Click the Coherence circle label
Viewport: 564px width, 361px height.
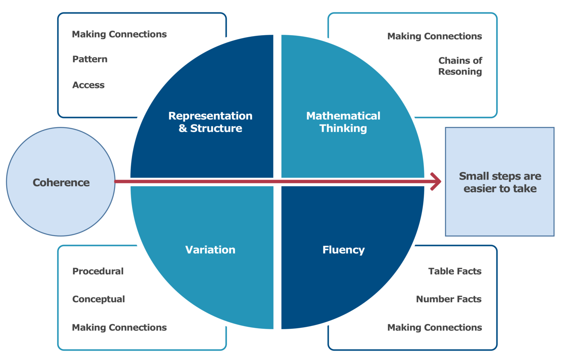[x=61, y=183]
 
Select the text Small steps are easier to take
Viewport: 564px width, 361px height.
[x=500, y=182]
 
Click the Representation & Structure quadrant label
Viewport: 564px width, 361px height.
[x=210, y=122]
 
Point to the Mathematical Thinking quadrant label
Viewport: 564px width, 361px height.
[x=343, y=122]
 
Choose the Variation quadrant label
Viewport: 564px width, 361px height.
[x=210, y=250]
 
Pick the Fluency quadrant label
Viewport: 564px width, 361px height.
[x=343, y=250]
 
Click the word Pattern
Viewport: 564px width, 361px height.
[x=90, y=59]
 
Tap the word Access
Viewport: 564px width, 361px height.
[x=88, y=85]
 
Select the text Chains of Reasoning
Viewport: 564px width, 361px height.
[x=460, y=66]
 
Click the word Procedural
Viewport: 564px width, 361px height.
[x=98, y=271]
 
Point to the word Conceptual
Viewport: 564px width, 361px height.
[x=99, y=299]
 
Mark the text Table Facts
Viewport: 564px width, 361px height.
[x=455, y=271]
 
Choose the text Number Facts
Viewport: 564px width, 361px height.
[x=448, y=299]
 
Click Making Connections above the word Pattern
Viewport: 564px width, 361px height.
[x=119, y=34]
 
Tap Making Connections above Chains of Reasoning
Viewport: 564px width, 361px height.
[x=434, y=36]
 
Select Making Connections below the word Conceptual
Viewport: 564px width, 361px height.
[x=119, y=327]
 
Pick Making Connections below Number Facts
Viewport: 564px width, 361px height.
[x=434, y=327]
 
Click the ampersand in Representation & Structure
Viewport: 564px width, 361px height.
[x=182, y=129]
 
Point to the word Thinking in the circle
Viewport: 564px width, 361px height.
[x=343, y=129]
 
